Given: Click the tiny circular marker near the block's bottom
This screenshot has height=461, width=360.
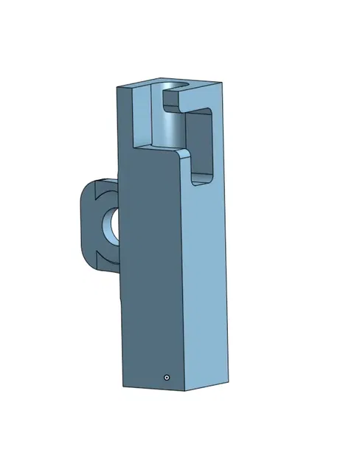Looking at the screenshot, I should pos(167,376).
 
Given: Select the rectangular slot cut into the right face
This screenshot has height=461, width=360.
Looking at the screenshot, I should pos(204,144).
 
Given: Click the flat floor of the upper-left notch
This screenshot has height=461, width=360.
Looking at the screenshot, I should pos(148,147).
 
